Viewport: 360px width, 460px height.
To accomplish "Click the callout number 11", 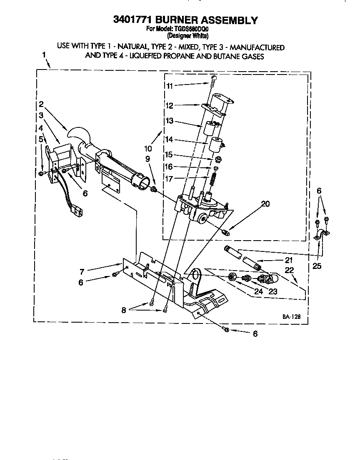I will click(169, 86).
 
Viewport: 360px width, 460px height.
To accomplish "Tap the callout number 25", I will click(317, 266).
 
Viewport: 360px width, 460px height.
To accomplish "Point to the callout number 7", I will click(82, 272).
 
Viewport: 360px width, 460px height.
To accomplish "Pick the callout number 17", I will click(169, 180).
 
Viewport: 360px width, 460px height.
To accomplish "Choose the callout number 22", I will click(290, 270).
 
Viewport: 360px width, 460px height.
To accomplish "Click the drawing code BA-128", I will click(291, 317).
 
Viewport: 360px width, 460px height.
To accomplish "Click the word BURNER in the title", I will click(182, 20).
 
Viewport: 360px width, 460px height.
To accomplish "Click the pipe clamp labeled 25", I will click(322, 234).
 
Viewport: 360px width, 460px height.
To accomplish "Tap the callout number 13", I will click(169, 121).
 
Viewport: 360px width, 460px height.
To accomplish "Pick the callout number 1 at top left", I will click(44, 55).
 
